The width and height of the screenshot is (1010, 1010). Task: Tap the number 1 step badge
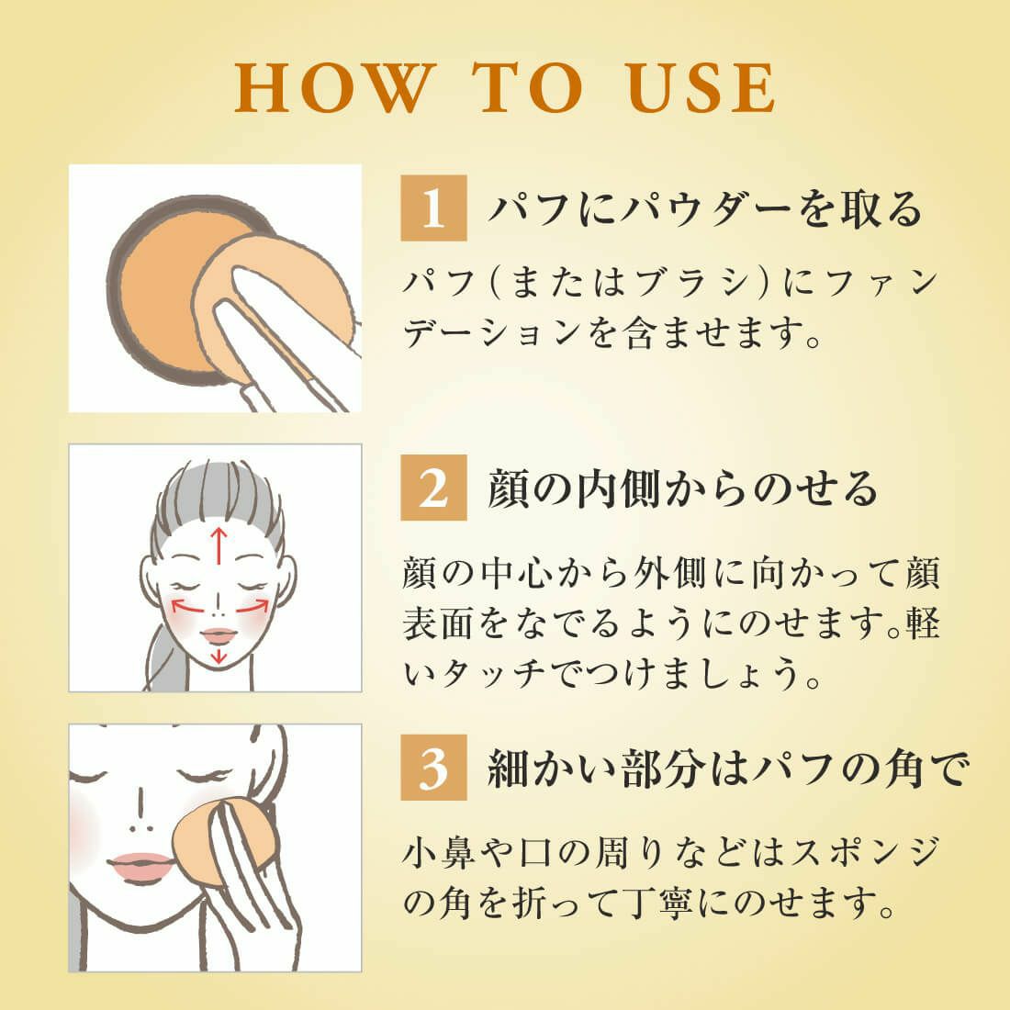pos(433,208)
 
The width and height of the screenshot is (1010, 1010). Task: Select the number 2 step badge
pos(433,488)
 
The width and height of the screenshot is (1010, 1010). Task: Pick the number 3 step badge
pos(433,768)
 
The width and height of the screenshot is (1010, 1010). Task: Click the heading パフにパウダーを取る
pos(705,208)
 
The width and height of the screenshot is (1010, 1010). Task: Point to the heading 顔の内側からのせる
pos(683,488)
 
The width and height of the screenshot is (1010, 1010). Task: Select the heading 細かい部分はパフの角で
pos(728,768)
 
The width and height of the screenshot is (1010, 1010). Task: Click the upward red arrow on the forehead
pos(219,546)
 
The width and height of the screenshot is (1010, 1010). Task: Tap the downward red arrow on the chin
pos(219,655)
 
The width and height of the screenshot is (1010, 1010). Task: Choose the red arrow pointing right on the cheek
pos(252,605)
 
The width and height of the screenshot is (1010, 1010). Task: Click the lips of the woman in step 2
pos(219,635)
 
